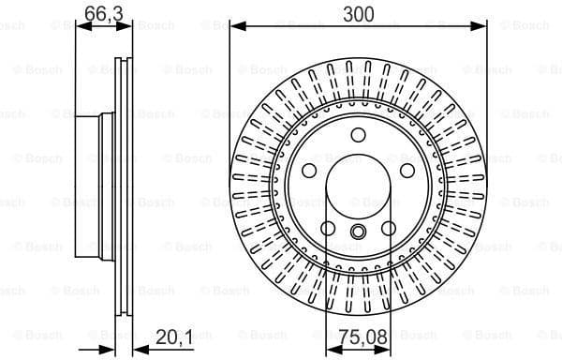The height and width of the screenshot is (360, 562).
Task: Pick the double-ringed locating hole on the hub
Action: (359, 233)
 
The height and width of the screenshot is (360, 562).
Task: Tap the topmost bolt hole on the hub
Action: (359, 136)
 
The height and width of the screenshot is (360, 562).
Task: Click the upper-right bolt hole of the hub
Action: (407, 172)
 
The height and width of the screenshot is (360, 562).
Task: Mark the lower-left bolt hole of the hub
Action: (328, 228)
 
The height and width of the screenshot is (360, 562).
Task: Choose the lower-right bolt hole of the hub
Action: (389, 228)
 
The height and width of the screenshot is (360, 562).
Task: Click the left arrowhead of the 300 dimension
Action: (235, 26)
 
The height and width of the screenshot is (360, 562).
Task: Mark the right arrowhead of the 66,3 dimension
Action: (128, 26)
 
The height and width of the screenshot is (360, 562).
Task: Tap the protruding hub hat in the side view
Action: (94, 187)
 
